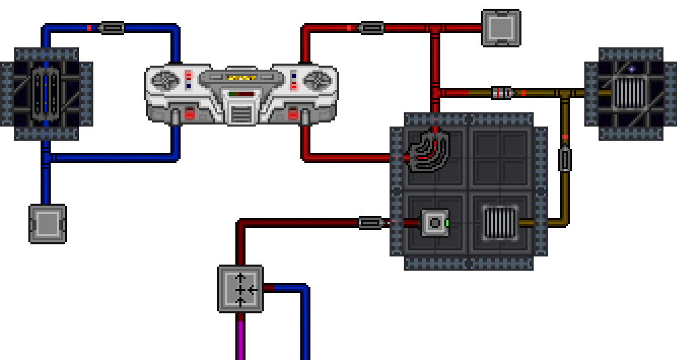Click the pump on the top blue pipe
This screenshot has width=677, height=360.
(x=112, y=28)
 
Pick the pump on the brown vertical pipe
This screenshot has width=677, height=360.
(x=565, y=160)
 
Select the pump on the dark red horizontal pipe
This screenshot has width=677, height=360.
(x=369, y=223)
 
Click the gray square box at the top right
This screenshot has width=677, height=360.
(x=501, y=28)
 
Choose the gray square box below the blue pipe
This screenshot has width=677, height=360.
(x=47, y=223)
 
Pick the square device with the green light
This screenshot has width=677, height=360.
(x=435, y=223)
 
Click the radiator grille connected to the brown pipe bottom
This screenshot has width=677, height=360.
(x=500, y=222)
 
